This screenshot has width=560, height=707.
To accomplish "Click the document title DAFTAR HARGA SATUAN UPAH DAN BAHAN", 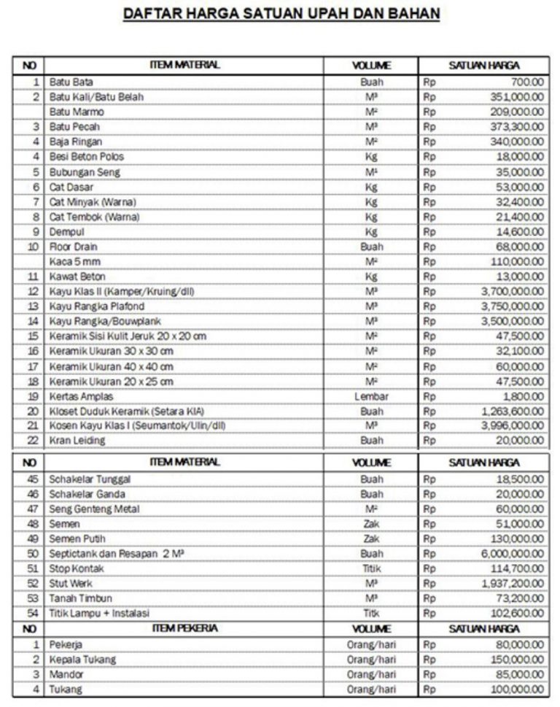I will tap(281, 15).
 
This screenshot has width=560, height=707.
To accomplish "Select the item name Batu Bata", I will tap(71, 82).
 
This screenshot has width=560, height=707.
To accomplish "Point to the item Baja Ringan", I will tap(76, 142).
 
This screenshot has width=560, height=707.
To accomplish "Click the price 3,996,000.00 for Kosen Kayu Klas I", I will tap(512, 425).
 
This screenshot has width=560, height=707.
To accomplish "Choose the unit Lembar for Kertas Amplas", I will tap(371, 396).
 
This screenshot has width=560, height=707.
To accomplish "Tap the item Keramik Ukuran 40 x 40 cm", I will tap(111, 366).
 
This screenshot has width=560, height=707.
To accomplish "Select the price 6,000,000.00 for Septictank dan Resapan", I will tap(512, 554).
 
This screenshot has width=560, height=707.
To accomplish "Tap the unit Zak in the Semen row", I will tap(371, 524).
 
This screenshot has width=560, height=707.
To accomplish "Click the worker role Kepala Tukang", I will tap(82, 660).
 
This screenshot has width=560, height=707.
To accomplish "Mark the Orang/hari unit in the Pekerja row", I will tap(371, 645).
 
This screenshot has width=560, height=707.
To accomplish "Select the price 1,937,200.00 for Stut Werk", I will tap(512, 584).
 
